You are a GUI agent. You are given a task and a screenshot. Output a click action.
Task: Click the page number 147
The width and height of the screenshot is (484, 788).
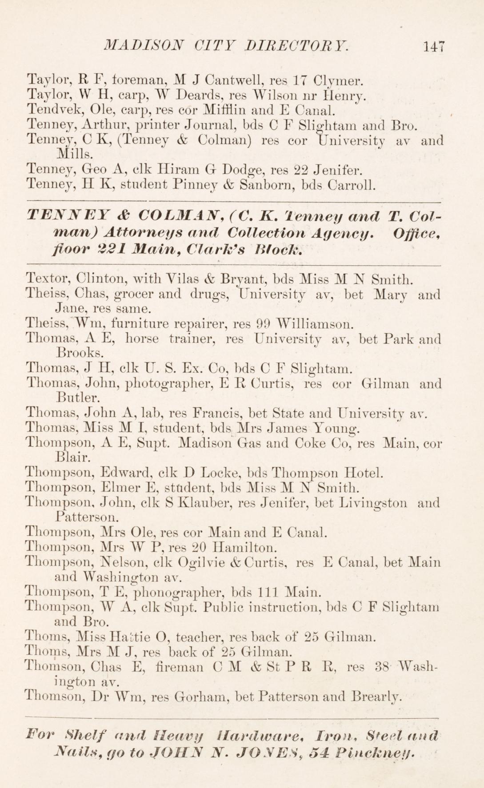(434, 47)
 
